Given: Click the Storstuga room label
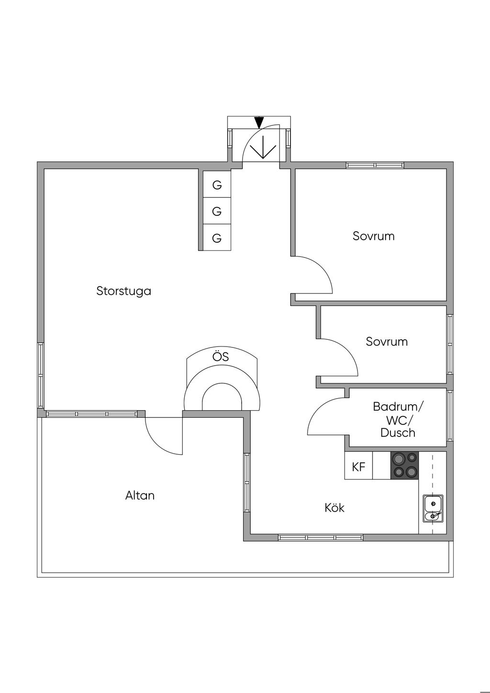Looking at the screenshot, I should (x=123, y=291).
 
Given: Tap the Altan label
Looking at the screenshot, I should (x=140, y=495).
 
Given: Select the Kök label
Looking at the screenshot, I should (x=334, y=508).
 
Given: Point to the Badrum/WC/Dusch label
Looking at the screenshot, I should (x=398, y=420).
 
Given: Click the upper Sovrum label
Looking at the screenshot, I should (x=373, y=236).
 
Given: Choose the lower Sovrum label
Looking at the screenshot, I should (x=387, y=342).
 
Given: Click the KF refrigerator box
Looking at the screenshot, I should (x=358, y=467).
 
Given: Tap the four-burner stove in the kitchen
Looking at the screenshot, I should (x=404, y=466).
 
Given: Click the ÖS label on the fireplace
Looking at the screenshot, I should (x=221, y=357).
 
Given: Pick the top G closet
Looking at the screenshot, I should (x=217, y=185).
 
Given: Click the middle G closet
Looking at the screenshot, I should (x=217, y=211).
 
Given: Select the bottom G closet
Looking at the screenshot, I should (x=217, y=238).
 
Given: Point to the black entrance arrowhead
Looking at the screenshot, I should (x=259, y=123).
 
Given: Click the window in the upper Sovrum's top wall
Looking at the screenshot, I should (x=375, y=166).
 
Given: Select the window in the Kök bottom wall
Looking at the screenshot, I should (x=321, y=537).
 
